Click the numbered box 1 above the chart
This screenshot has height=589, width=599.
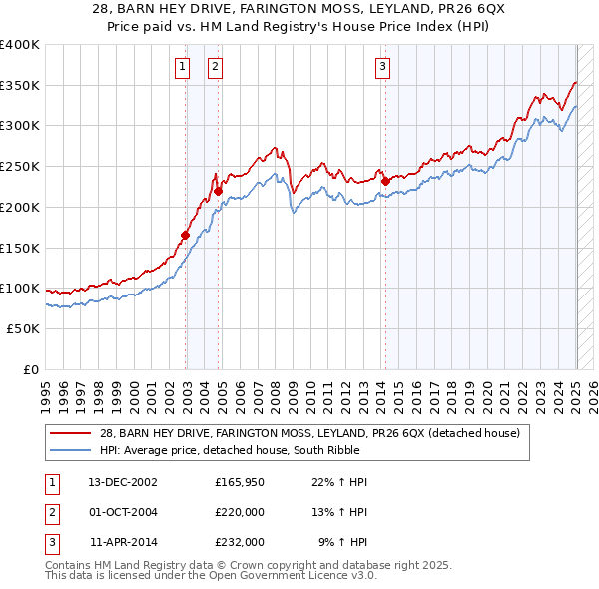[x=183, y=67]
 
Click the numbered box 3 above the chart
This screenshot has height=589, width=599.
[x=383, y=67]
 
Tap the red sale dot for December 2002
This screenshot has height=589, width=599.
[x=186, y=235]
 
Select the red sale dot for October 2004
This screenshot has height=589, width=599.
[x=218, y=190]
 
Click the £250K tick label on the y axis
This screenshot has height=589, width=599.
[x=20, y=167]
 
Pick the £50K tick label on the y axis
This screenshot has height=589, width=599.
[x=23, y=328]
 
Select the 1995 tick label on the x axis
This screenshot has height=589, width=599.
[x=46, y=389]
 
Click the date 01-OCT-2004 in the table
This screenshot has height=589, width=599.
[x=123, y=512]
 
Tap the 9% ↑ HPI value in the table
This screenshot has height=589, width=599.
[x=342, y=542]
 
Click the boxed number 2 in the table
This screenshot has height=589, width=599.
[x=51, y=512]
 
